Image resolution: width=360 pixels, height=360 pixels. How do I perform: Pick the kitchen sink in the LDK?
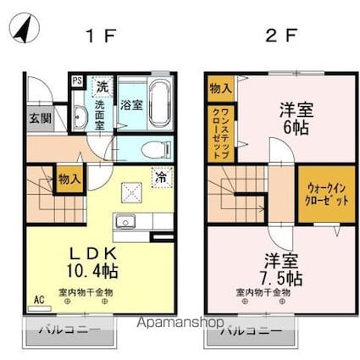coord(126,223)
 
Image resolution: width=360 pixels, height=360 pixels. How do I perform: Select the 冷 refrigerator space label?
coord(160,177)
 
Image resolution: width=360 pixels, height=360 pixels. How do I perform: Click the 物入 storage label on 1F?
coord(69,179)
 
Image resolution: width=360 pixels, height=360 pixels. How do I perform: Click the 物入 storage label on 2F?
coord(218,87)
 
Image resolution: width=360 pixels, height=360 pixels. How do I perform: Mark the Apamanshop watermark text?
coord(182,323)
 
